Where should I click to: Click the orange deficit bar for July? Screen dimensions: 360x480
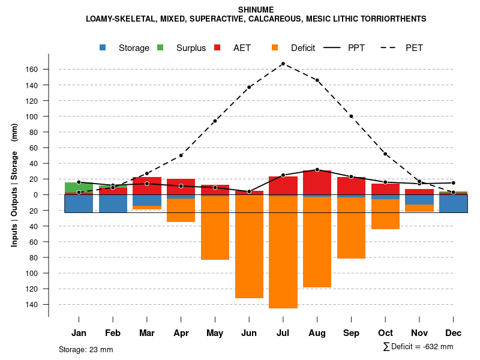[283, 252]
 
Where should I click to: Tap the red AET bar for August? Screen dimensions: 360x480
[317, 182]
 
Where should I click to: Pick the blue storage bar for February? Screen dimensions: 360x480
[113, 203]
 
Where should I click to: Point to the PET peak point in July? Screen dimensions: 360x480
[283, 64]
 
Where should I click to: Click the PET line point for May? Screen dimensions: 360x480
[215, 121]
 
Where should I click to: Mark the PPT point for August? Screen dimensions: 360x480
[317, 170]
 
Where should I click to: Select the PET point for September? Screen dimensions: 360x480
[351, 116]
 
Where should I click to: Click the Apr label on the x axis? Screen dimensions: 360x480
[181, 333]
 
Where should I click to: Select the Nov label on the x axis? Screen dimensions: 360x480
[419, 333]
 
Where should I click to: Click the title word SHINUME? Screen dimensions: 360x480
[256, 10]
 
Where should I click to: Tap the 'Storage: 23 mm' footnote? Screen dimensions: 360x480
[86, 349]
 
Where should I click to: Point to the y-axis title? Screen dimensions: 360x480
[14, 185]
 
